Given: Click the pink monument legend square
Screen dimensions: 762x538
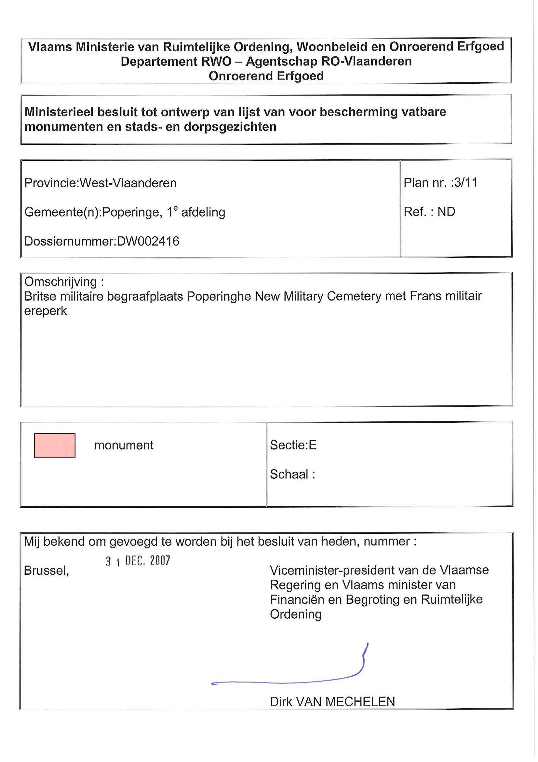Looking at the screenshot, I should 55,445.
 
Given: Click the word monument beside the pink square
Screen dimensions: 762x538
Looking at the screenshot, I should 124,445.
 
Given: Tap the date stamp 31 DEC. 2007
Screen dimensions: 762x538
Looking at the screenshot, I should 138,560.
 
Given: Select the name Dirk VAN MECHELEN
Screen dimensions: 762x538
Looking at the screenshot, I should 332,702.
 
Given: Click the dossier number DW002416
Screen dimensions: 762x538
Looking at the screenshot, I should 148,241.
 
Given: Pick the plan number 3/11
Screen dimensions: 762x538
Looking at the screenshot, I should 466,183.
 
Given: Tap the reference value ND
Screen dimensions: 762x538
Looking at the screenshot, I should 446,212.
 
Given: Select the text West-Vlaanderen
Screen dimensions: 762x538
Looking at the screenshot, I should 128,183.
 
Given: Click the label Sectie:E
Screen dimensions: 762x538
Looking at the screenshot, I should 293,445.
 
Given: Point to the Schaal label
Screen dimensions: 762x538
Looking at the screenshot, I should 292,474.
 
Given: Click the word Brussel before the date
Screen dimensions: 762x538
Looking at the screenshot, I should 47,571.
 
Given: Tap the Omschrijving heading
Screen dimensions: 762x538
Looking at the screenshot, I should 64,282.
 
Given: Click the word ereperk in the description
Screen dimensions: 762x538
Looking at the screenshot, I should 46,311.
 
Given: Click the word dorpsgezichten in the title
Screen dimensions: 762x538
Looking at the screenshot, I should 230,127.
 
